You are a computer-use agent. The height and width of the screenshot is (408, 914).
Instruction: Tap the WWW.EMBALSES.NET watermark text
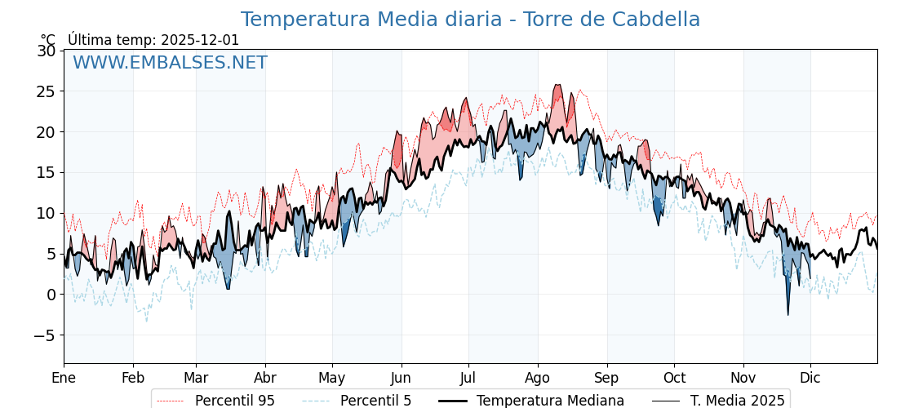click(170, 63)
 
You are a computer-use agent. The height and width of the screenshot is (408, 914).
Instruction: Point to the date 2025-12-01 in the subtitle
click(200, 40)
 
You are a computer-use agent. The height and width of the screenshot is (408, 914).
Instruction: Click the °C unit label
click(48, 40)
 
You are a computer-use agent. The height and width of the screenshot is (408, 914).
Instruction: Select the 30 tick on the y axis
click(47, 51)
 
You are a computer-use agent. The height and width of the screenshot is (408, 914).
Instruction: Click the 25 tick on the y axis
click(47, 91)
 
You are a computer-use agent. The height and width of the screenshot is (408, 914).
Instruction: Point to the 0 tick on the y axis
click(51, 295)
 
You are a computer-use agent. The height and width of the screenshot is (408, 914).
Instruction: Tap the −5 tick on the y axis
click(45, 335)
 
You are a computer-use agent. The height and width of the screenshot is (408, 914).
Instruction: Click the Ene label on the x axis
click(64, 378)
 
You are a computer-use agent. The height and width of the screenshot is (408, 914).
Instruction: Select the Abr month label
click(265, 378)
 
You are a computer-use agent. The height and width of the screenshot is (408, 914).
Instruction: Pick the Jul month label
click(468, 378)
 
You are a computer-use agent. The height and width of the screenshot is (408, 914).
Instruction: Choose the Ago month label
click(538, 378)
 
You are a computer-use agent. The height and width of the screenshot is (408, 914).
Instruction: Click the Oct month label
click(674, 378)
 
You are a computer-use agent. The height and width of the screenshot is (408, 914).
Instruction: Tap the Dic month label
click(810, 378)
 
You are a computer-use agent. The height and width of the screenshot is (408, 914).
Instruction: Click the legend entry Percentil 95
click(234, 401)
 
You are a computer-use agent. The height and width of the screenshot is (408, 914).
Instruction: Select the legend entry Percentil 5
click(375, 401)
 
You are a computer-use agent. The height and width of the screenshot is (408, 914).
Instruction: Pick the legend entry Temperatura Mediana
click(550, 401)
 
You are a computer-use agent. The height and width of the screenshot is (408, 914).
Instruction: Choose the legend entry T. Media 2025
click(737, 401)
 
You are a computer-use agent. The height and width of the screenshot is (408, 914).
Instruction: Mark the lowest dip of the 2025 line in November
click(788, 315)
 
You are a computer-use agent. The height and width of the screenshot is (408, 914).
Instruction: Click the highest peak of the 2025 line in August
click(558, 85)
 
